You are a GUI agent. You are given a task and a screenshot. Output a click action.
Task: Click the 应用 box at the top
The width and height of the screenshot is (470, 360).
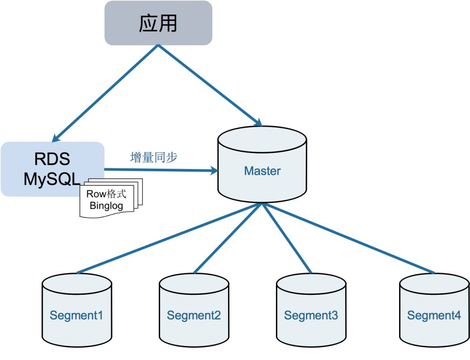[158, 23]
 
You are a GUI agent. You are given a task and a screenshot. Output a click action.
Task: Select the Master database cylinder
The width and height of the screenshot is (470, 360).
[262, 164]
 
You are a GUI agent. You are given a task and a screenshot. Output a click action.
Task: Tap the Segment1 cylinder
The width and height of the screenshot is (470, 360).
[77, 310]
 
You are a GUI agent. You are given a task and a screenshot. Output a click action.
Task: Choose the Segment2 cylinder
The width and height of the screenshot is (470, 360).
[194, 310]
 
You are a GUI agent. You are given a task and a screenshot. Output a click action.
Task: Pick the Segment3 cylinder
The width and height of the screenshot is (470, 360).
[311, 310]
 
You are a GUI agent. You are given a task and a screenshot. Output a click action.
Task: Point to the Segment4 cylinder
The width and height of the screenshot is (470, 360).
[434, 310]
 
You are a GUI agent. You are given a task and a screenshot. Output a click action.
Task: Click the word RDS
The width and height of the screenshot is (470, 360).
[52, 159]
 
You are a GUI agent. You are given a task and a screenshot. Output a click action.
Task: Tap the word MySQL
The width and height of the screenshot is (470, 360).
[52, 180]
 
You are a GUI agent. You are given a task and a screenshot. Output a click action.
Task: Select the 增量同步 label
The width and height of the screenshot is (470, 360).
[154, 157]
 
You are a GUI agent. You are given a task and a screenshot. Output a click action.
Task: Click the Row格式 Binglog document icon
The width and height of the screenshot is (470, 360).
[111, 198]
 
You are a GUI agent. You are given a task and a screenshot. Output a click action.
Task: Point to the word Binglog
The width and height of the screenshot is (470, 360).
[107, 206]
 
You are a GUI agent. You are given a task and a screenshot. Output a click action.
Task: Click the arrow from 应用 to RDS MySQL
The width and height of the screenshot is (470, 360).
[105, 93]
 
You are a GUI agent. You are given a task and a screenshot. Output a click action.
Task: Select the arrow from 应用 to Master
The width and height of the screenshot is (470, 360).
[210, 85]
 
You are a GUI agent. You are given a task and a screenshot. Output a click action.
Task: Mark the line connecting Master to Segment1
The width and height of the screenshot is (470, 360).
[169, 238]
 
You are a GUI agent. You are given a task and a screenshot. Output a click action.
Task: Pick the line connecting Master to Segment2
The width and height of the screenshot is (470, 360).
[228, 238]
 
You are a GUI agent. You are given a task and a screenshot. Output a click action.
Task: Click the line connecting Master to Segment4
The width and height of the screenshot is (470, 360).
[348, 238]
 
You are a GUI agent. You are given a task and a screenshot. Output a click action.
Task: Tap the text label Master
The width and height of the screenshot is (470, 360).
[262, 171]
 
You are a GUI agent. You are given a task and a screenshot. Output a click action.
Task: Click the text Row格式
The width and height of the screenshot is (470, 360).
[107, 194]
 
